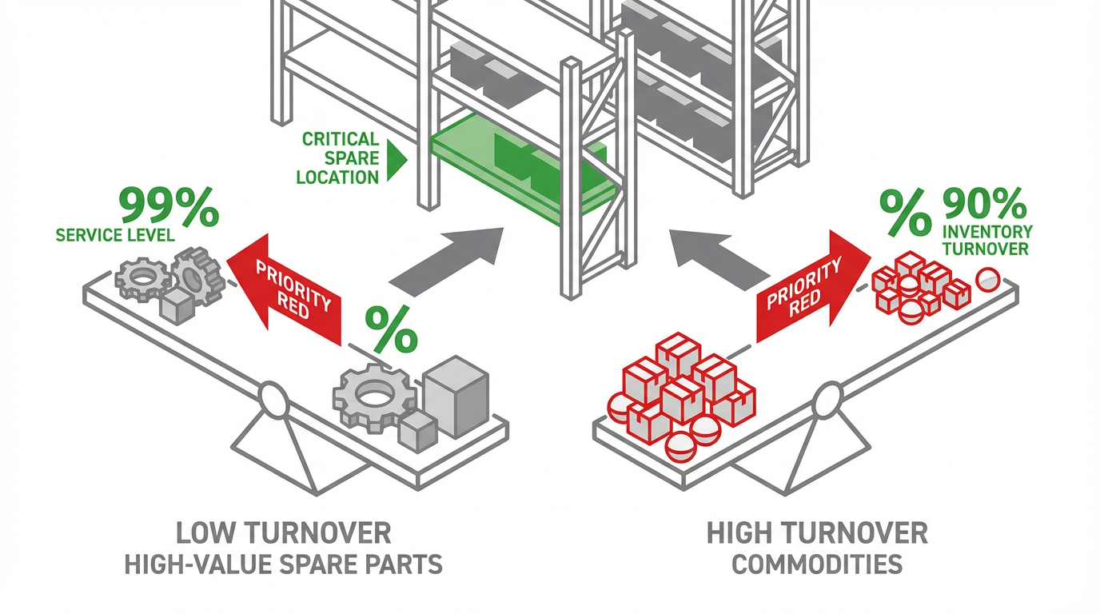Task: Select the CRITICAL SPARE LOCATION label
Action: (x=339, y=158)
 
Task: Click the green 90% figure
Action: (x=985, y=205)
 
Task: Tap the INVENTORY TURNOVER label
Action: (x=987, y=239)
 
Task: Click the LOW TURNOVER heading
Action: (x=284, y=533)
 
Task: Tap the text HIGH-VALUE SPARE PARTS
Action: (x=284, y=564)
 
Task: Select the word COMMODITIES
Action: (x=817, y=564)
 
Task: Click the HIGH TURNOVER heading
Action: (x=817, y=533)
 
